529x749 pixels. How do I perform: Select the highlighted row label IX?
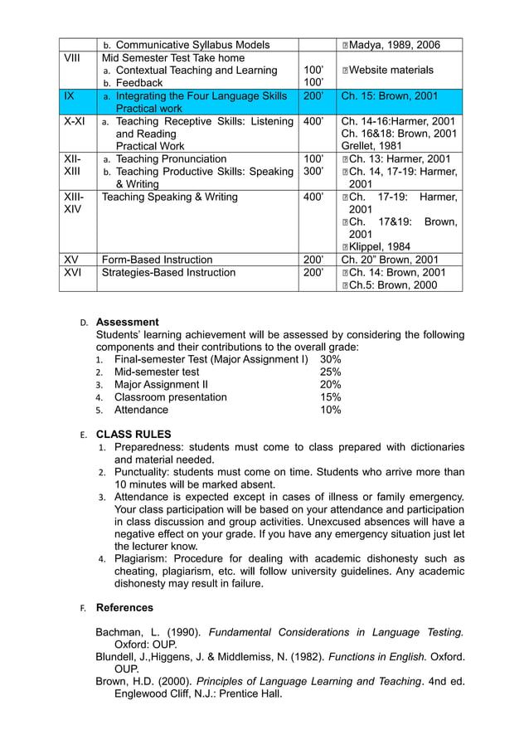[69, 96]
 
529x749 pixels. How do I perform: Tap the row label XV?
[71, 260]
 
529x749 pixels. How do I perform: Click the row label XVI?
[72, 272]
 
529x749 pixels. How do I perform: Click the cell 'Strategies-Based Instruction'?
[168, 272]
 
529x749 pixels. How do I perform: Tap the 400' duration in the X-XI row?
[313, 121]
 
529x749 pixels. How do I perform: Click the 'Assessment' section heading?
[128, 322]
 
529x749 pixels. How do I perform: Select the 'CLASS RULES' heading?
[133, 434]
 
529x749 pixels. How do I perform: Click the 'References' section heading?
[124, 607]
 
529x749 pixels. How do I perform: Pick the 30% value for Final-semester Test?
[330, 359]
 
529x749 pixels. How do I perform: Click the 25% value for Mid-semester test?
[330, 372]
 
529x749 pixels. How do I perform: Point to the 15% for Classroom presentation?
[330, 396]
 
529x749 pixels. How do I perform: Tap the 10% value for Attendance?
[330, 410]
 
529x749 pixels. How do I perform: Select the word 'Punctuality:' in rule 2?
[145, 472]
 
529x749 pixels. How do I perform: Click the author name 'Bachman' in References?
[119, 632]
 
